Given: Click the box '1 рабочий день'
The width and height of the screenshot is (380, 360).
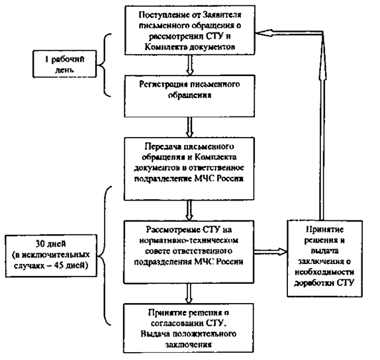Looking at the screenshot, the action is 65,64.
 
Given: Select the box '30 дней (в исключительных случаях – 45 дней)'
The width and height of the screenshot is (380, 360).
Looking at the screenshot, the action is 51,255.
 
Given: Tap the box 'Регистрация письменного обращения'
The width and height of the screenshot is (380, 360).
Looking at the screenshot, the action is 189,96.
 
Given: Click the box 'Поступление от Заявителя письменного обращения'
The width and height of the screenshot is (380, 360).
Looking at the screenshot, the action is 190,30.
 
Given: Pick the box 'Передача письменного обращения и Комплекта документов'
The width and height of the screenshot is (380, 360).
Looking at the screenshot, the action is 189,169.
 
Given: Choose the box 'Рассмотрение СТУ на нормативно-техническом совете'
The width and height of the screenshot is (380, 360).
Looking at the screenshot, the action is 189,251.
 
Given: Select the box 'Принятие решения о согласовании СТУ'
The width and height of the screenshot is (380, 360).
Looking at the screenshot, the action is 188,328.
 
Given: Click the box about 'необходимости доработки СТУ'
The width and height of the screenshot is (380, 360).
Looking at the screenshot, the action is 325,259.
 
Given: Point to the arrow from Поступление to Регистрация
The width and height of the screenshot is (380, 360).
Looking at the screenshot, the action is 190,65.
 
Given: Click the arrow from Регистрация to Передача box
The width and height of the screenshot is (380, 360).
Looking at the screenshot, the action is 190,128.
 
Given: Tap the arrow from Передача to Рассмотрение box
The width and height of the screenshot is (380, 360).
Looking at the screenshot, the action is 189,210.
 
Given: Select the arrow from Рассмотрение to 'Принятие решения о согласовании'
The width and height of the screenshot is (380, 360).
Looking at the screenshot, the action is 189,293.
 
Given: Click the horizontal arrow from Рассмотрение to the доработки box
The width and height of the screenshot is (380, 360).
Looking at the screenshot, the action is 271,251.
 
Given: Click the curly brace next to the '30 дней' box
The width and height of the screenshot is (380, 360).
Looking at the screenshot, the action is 105,255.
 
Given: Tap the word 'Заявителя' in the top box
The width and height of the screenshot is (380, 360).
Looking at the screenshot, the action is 222,15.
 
